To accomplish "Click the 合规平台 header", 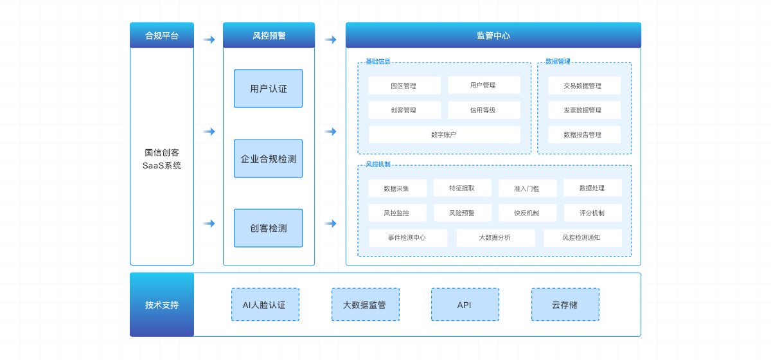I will [x=162, y=35].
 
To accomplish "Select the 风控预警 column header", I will [x=269, y=35].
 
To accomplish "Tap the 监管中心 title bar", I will [x=493, y=35].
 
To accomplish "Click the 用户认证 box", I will [x=268, y=89].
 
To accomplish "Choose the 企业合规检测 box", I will [x=268, y=159].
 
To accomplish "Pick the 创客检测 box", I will [x=268, y=228].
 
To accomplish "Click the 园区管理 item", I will [x=404, y=85].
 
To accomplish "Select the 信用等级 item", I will [x=483, y=110].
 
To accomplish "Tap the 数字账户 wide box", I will [x=444, y=134].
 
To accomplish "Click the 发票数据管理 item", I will [x=583, y=110].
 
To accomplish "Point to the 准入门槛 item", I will [x=527, y=188].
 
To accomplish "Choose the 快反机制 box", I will [x=527, y=213].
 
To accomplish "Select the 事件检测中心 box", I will [x=407, y=238].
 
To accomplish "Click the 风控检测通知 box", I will [x=582, y=238].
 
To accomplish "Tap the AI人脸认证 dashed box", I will [x=265, y=305].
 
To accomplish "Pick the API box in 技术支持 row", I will [x=465, y=305].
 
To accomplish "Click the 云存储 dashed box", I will [x=565, y=305].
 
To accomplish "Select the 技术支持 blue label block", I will [x=162, y=305].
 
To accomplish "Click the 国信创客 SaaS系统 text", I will [x=162, y=159].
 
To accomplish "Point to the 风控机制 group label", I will [x=378, y=165].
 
